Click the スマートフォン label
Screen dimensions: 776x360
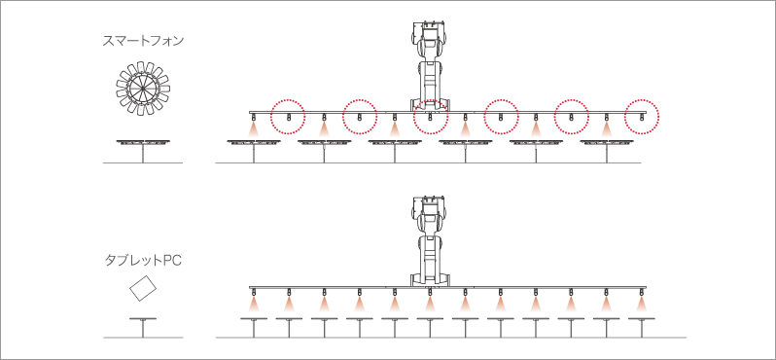click(143, 41)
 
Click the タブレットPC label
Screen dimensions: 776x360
click(143, 260)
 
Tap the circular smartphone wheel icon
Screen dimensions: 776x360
click(143, 89)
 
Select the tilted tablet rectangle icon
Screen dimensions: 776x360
click(143, 288)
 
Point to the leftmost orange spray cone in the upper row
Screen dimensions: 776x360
click(254, 129)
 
